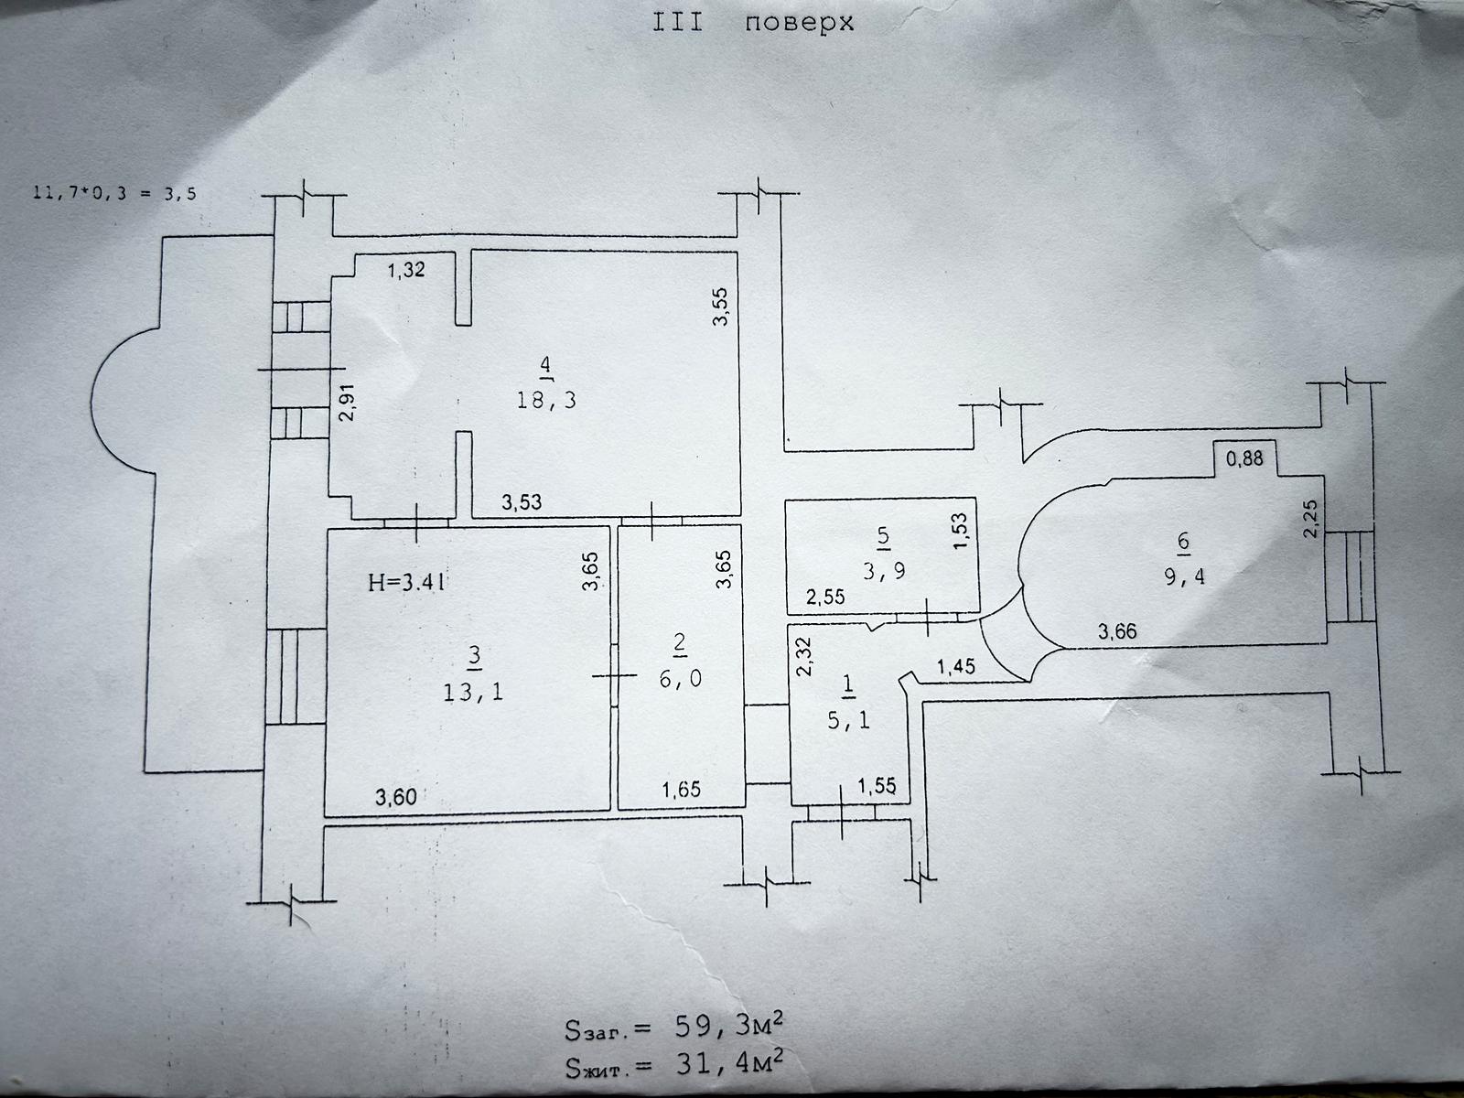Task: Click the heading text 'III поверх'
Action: coord(753,24)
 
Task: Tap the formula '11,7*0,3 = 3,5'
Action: coord(114,194)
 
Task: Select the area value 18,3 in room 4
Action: coord(546,400)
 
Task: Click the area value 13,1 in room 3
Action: coord(473,692)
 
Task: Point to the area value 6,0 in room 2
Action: coord(681,679)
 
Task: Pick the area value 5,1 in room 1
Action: coord(848,721)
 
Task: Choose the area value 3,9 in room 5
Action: coord(885,571)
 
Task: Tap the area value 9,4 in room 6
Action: coord(1185,576)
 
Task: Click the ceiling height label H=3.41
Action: coord(407,583)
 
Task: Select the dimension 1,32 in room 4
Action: coord(406,270)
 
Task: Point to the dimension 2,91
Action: coord(347,403)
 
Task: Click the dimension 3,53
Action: coord(522,502)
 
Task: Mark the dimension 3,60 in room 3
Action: coord(396,797)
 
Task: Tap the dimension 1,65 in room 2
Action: coord(681,790)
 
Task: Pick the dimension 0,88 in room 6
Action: coord(1244,458)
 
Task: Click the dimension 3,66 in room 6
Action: coord(1117,630)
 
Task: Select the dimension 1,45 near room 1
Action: coord(956,666)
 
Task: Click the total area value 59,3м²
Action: coord(728,1028)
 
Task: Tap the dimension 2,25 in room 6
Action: coord(1310,520)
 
